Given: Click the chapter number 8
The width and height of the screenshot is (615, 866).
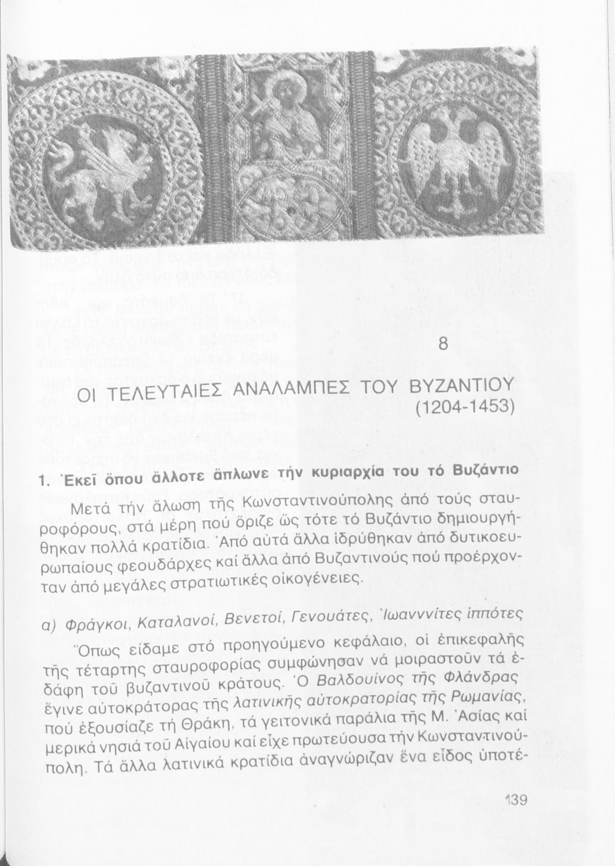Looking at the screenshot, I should pyautogui.click(x=443, y=344).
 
